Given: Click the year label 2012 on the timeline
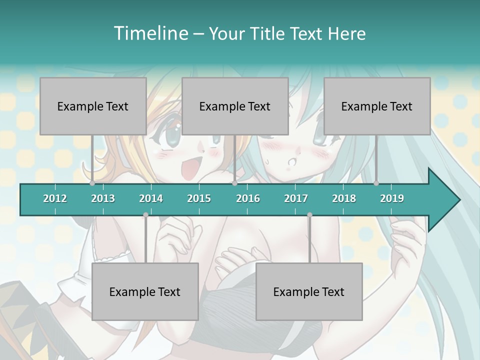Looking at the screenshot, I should click(x=55, y=198).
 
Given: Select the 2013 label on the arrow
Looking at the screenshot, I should click(x=103, y=198).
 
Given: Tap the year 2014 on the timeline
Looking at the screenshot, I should click(x=151, y=198).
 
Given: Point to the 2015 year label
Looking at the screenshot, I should click(x=199, y=198).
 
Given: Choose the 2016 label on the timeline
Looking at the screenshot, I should click(x=248, y=198).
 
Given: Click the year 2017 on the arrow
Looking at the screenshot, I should click(x=296, y=198).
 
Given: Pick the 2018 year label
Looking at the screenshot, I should click(x=344, y=198).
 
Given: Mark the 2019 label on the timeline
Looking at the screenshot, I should click(x=392, y=198).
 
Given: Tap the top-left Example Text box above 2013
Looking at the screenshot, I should click(x=93, y=106).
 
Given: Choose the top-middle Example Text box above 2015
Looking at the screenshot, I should click(x=235, y=106).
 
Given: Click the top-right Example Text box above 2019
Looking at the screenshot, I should click(x=377, y=106).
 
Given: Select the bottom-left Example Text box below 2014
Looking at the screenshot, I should click(x=145, y=291).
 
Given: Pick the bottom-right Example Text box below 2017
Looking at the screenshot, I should click(x=309, y=291).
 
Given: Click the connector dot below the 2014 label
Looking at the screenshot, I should click(x=145, y=215).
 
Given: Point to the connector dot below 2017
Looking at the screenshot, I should click(x=309, y=215).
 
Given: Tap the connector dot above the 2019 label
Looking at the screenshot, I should click(x=376, y=183).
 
